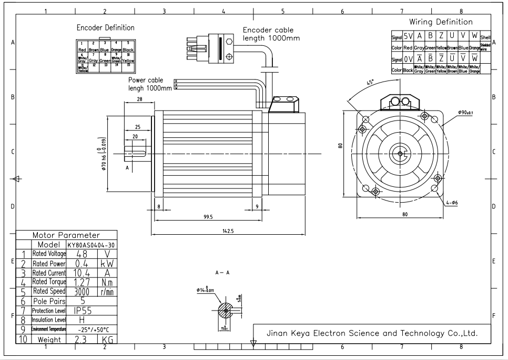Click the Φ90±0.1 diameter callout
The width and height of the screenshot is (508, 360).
point(465,113)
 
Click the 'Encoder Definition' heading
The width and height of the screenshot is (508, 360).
point(106,27)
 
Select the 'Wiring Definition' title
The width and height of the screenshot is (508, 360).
point(441,22)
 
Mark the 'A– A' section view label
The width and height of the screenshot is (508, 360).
point(222,273)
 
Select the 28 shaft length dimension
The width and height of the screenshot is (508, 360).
point(139,99)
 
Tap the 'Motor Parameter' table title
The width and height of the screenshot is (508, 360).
point(66,235)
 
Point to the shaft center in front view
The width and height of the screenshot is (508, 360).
point(400,154)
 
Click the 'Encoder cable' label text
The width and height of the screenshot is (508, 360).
point(268,30)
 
